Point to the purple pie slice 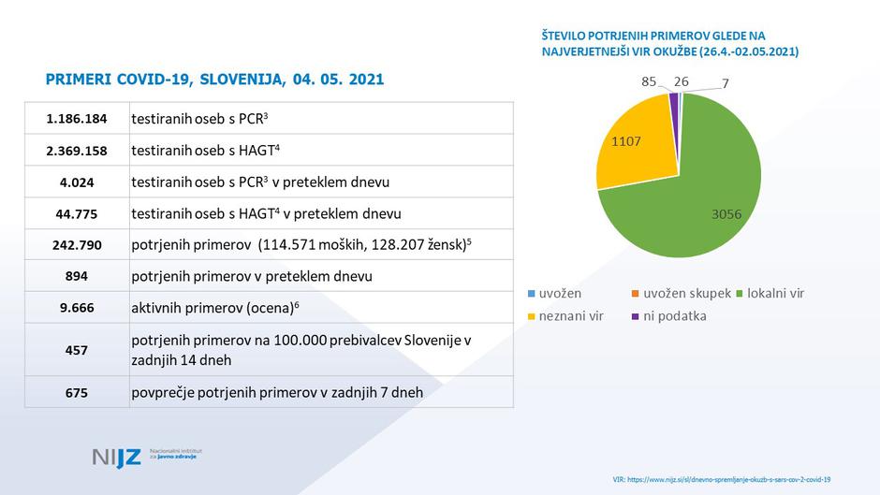coord(674,100)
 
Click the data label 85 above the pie coord(648,81)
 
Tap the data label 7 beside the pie coord(726,84)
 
